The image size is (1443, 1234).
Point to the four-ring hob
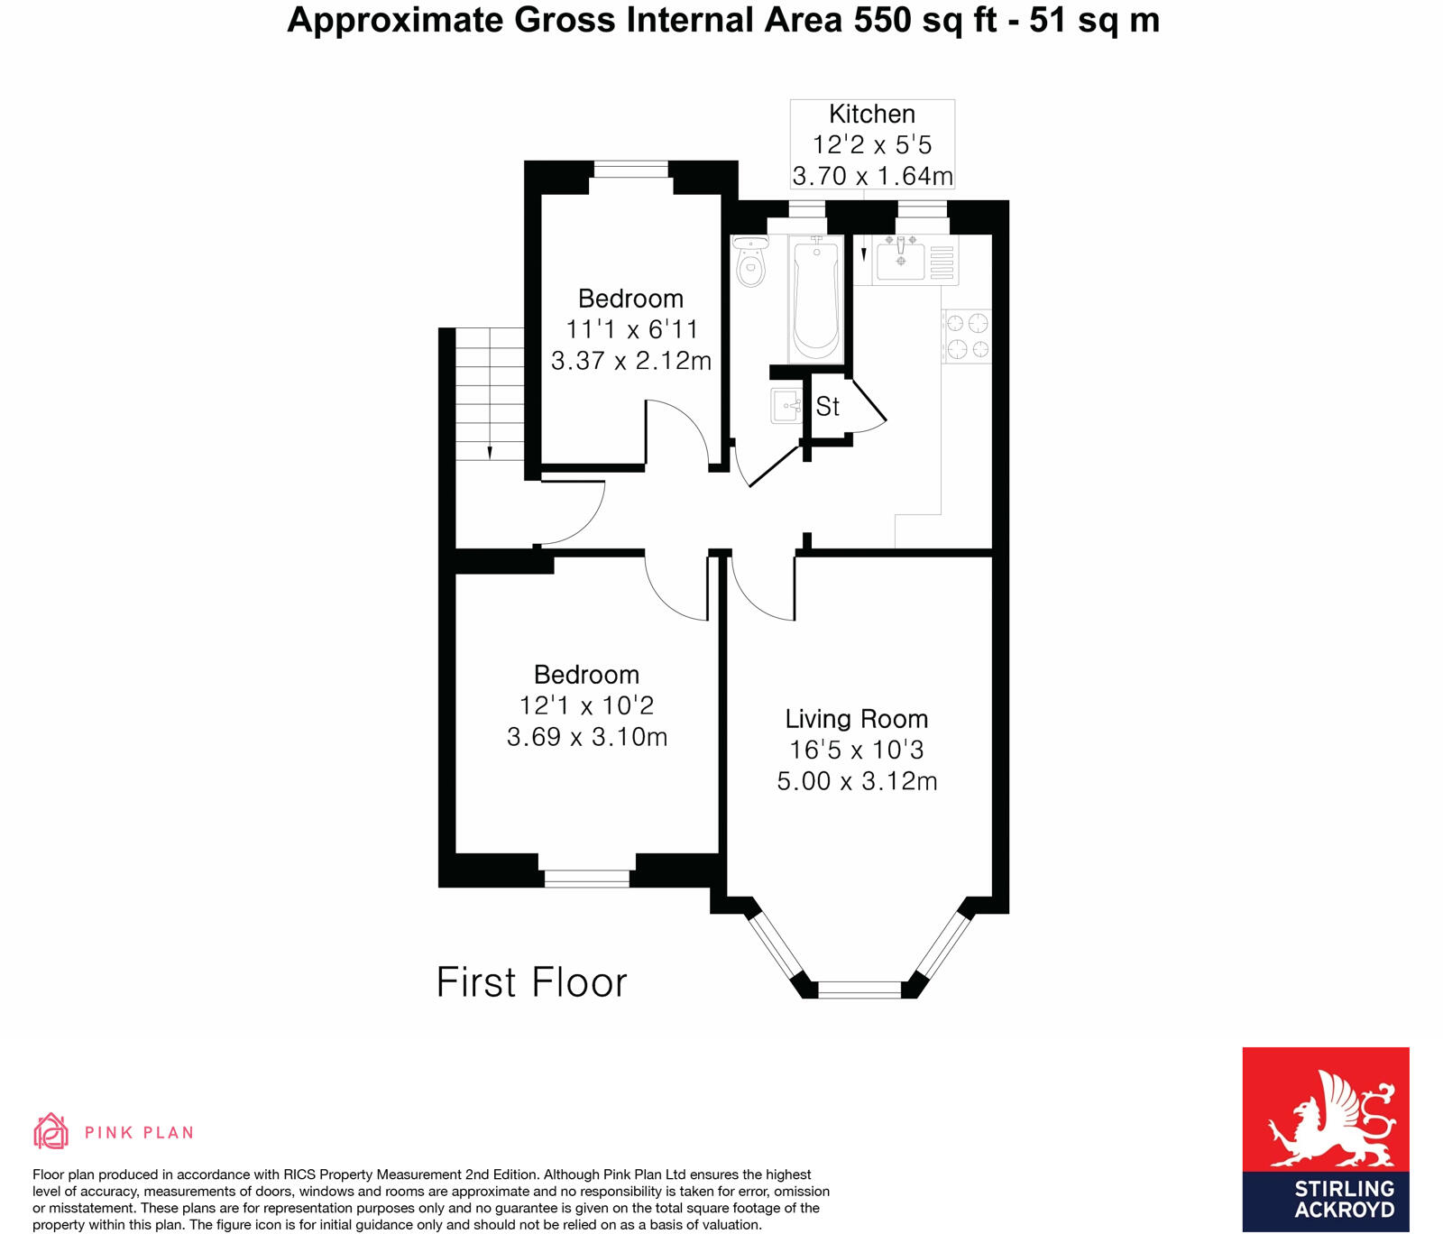coord(967,336)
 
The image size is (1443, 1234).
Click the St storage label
coord(827,407)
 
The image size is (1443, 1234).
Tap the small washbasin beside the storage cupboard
coord(786,406)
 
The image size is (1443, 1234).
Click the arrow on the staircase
coord(489,451)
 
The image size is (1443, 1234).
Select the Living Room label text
coord(856,719)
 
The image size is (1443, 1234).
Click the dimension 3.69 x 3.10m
coord(587,737)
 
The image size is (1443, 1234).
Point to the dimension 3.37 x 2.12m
coord(631,361)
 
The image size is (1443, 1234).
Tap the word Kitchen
coord(871,115)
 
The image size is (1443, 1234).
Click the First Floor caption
coord(531,982)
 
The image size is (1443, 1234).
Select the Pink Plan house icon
coord(51,1131)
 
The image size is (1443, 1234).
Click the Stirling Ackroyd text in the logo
coord(1344,1199)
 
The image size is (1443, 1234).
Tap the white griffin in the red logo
coord(1330,1119)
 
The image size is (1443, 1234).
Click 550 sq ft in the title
coord(924,20)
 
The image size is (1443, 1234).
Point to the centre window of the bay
coord(859,990)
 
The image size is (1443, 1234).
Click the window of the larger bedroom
coord(587,878)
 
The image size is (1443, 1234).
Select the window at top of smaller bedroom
coord(631,170)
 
